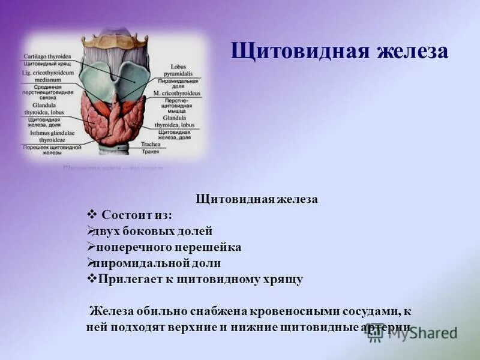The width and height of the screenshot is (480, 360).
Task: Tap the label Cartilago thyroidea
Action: [x=49, y=56]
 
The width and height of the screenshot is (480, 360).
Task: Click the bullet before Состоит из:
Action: [x=92, y=215]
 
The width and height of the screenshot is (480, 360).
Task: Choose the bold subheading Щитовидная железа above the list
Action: [x=257, y=199]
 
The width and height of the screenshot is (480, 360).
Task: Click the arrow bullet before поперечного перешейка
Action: [x=91, y=247]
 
